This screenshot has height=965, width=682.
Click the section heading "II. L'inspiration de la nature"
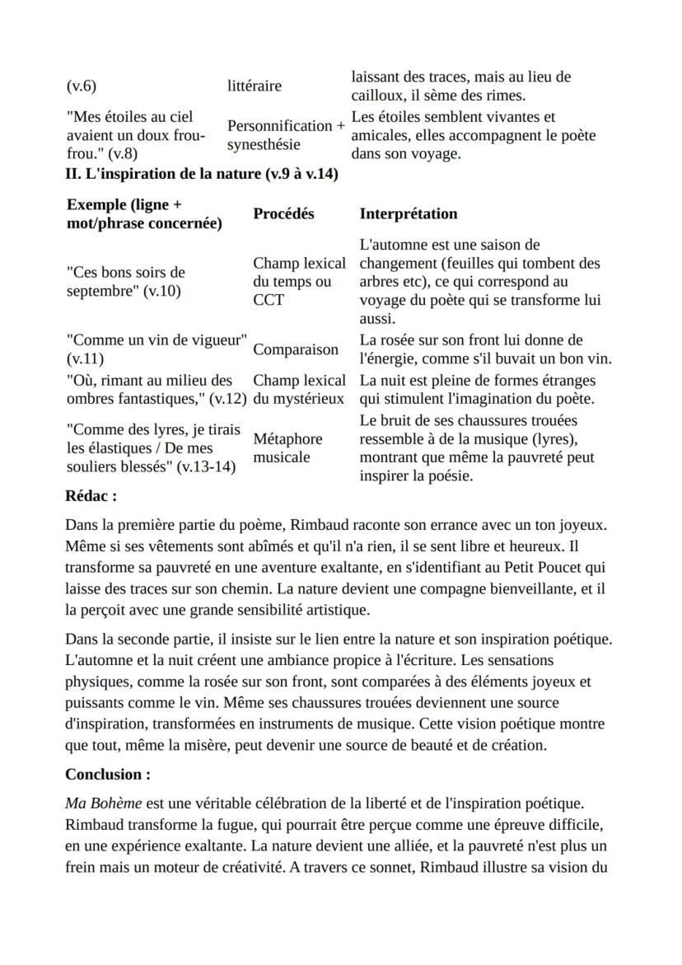[x=202, y=174]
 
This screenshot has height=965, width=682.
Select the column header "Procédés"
[x=283, y=213]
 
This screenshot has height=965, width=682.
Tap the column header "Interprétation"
[x=408, y=213]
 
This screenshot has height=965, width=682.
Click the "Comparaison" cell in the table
[x=295, y=349]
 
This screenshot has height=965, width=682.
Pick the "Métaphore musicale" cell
[x=287, y=447]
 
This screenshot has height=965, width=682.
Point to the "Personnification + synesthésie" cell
[x=286, y=135]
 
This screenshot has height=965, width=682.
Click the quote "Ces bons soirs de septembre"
[x=125, y=281]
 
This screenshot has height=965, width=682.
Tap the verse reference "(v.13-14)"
[x=207, y=466]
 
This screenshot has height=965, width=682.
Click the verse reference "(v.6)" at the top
[x=81, y=87]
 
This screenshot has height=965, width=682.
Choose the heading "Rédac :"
[x=91, y=496]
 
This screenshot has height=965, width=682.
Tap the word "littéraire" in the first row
[x=254, y=86]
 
